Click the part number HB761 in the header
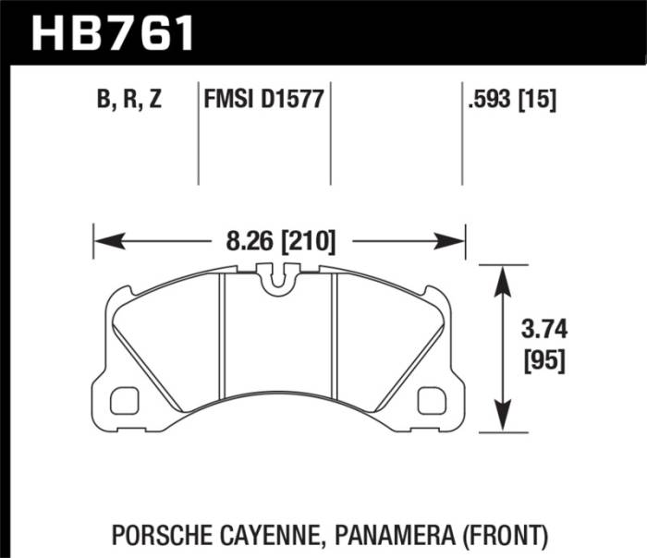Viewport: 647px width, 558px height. click(x=113, y=34)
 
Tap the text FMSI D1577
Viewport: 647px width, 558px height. click(x=263, y=99)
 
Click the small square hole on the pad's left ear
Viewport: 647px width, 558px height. click(x=123, y=400)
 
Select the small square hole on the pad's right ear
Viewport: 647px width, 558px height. click(x=431, y=400)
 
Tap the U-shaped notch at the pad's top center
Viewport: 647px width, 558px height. click(x=278, y=282)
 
